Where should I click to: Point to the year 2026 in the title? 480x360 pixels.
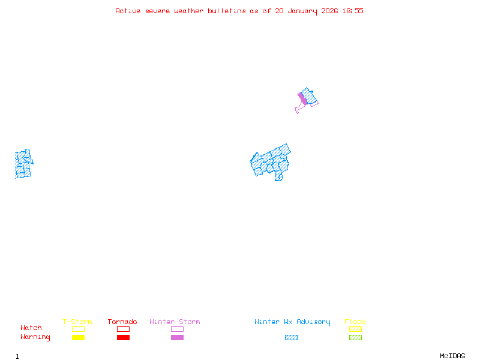pos(329,11)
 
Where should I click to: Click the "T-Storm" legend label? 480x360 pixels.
pos(77,322)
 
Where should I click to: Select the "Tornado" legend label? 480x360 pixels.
pos(122,322)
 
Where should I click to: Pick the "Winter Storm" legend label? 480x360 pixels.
pos(175,322)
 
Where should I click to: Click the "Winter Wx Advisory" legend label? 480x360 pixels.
pos(292,322)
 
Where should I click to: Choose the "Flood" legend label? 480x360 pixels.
pos(355,322)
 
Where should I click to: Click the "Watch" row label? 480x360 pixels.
pos(31,328)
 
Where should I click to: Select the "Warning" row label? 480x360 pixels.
pos(35,337)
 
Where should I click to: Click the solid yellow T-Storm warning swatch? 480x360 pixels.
pos(78,338)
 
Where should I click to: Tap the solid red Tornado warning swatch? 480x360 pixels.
pos(123,338)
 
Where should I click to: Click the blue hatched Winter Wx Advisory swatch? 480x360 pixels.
pos(291,338)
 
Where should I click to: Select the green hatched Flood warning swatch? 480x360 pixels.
pos(355,338)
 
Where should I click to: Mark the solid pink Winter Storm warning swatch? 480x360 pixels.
pos(177,338)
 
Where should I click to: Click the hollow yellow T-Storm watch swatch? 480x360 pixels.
pos(78,329)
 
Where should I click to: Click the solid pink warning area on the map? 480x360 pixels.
pos(303,99)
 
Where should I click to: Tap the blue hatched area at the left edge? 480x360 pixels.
pos(23,164)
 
